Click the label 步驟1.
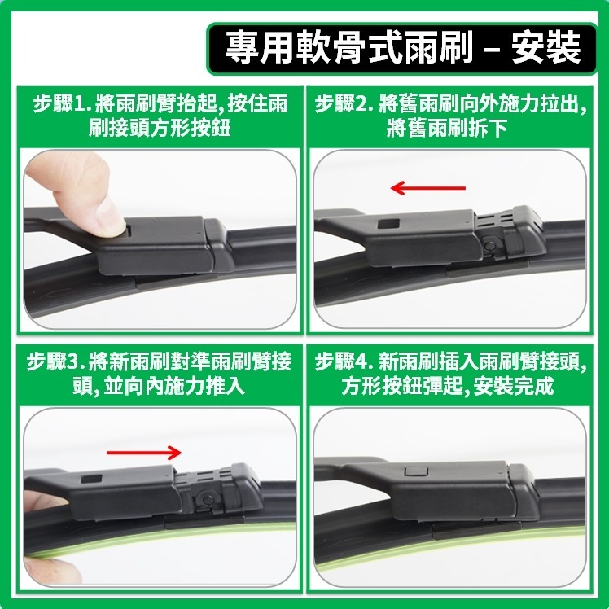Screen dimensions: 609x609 (x=59, y=104)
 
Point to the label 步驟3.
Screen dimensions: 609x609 (x=55, y=361)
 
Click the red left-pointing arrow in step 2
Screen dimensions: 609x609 (x=427, y=189)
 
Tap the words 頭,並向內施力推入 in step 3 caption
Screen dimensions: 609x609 (x=158, y=385)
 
